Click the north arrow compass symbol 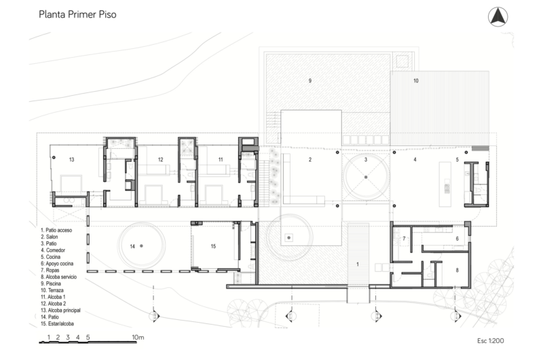(498, 16)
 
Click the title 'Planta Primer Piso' (77, 14)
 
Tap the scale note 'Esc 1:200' (490, 340)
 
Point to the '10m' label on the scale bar (138, 337)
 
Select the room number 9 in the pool (310, 81)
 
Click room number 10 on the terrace (416, 81)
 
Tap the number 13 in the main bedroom (72, 160)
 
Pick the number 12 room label (160, 160)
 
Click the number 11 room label (221, 160)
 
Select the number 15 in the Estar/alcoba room (213, 247)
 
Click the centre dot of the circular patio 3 (366, 177)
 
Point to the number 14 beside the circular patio (132, 247)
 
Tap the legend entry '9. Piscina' (50, 283)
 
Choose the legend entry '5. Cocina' (50, 257)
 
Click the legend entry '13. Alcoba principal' (60, 310)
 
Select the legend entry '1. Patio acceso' (56, 230)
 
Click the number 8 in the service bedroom (457, 270)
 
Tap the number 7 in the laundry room (404, 238)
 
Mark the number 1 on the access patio (358, 264)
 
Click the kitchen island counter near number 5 (445, 184)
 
